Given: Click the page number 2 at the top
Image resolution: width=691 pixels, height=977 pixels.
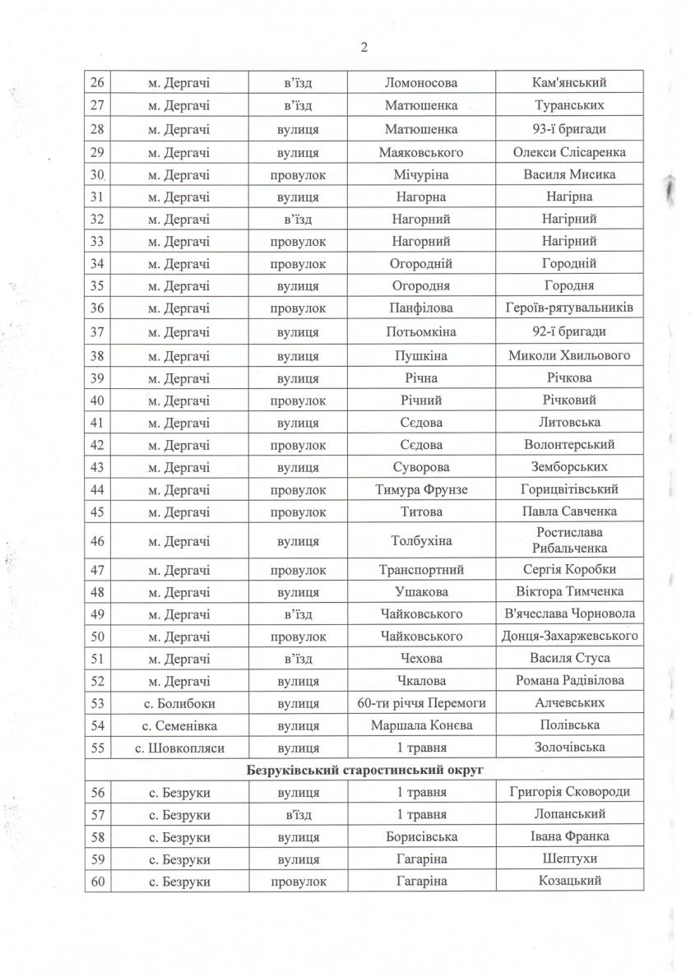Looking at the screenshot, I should [364, 47].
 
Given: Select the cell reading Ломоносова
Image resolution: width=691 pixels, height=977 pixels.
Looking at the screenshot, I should [421, 82].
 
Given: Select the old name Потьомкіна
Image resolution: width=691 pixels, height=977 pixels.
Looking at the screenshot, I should [421, 332].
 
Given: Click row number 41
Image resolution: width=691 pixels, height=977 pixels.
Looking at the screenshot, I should [98, 423].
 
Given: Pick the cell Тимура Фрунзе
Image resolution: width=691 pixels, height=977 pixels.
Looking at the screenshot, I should [421, 489].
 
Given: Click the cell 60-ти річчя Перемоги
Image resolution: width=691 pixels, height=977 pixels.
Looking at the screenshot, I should [421, 703].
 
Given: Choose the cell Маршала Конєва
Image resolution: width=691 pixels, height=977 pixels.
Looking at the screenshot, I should [421, 725].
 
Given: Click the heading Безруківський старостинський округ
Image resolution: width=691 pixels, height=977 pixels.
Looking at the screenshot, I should [364, 770].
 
